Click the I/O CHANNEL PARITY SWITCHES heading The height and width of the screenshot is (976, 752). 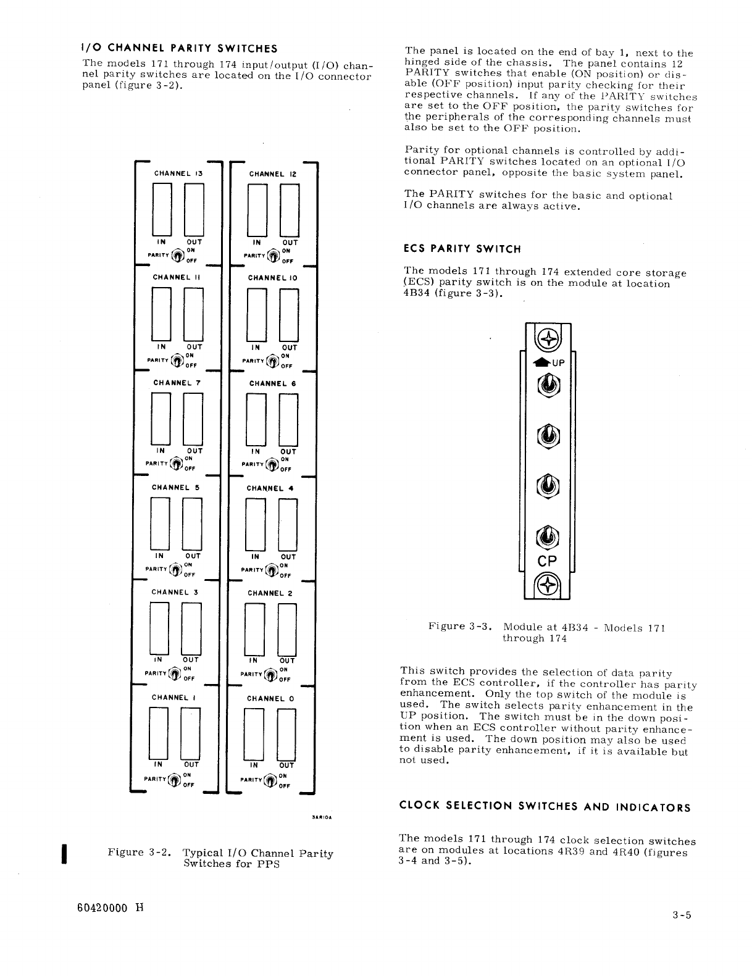(180, 49)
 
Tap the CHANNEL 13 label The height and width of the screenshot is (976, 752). (178, 173)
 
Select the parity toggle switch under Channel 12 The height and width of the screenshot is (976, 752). (272, 254)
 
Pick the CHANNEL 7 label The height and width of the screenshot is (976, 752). (178, 383)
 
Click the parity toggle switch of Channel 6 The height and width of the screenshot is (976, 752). (272, 464)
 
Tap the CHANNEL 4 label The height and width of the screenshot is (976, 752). (270, 488)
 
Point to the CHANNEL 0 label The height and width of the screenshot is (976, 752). (270, 698)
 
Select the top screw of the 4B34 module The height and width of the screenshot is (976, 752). (547, 338)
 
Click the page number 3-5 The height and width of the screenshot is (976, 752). (682, 916)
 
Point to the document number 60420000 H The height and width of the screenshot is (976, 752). (102, 907)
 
